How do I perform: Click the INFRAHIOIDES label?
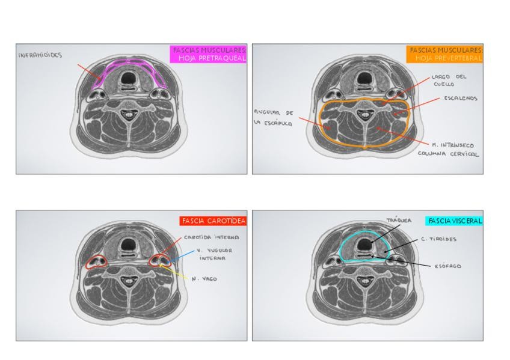[40, 55]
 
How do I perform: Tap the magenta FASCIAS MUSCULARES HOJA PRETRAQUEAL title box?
[209, 54]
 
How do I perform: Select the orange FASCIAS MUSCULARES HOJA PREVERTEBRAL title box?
[444, 54]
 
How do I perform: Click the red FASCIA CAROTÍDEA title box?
[214, 221]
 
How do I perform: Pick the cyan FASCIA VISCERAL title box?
[454, 221]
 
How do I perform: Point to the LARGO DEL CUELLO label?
[449, 81]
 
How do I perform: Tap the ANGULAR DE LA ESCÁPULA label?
[274, 117]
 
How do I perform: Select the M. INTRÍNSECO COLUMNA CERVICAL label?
[449, 149]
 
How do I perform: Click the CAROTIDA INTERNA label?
[211, 237]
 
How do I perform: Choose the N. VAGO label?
[203, 279]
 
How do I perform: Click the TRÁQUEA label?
[399, 221]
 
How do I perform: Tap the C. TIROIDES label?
[438, 239]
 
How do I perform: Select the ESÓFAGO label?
[447, 266]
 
